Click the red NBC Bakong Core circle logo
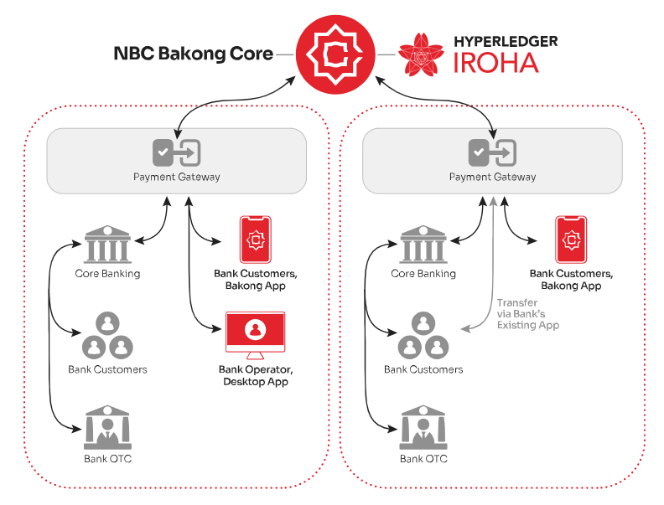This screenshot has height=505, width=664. pos(335,54)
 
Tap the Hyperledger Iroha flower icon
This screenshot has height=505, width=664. pos(421,54)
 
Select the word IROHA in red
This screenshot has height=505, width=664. pos(495,64)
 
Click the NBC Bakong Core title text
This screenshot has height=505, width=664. pos(194,54)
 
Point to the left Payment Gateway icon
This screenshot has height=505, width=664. pos(177,152)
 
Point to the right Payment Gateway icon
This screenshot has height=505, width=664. pos(492,152)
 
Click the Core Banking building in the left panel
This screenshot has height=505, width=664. pos(107,244)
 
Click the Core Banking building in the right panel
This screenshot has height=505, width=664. pos(423,244)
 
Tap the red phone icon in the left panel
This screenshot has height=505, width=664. pos(256,240)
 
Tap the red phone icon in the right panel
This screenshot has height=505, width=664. pos(571,240)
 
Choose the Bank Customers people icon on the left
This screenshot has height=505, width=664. pos(107,335)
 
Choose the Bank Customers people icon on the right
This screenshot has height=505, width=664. pos(423,335)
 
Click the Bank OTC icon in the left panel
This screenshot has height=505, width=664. pos(107,428)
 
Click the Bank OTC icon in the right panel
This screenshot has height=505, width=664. pos(423,428)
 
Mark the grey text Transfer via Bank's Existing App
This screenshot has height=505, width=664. pos(528,314)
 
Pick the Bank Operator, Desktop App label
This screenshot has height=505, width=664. pos(256,375)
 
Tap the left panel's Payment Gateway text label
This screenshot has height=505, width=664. pos(177,177)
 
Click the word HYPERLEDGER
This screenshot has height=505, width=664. pos(506,41)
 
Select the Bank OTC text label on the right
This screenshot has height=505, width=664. pos(423,459)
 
